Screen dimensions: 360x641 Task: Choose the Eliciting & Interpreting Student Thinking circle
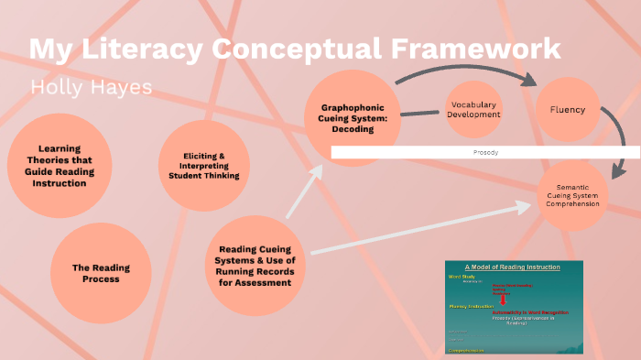[203, 166]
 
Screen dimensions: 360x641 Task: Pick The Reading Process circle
[101, 273]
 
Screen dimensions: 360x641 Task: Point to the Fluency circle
[567, 109]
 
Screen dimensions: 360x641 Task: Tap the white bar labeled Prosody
[485, 151]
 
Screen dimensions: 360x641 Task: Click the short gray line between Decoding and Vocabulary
[420, 114]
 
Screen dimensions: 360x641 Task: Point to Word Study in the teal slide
[460, 275]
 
